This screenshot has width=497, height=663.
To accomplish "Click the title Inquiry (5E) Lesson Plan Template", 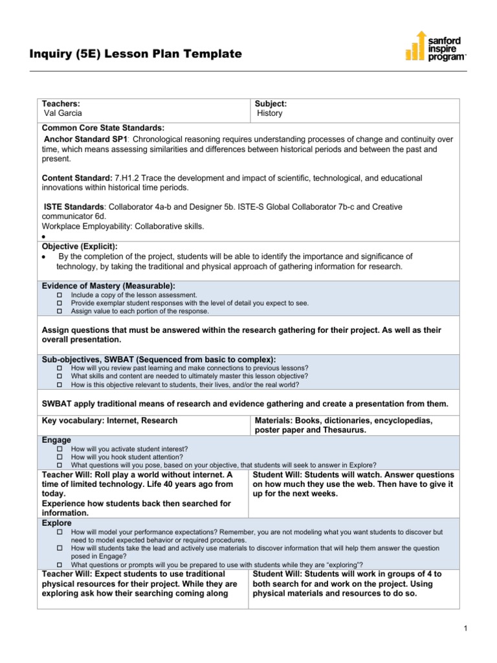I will click(x=136, y=54).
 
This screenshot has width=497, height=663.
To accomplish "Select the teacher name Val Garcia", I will click(x=63, y=113).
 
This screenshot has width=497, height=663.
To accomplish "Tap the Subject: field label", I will click(x=271, y=104).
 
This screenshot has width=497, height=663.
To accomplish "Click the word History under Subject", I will click(x=270, y=113).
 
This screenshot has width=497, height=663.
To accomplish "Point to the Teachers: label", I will click(x=61, y=104).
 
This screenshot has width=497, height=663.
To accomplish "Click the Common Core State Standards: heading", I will click(x=103, y=128).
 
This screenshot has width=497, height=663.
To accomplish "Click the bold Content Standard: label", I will click(x=77, y=177).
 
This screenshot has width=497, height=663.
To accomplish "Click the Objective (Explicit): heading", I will click(x=80, y=247).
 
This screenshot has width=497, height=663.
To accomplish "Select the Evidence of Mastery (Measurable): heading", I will click(x=109, y=286).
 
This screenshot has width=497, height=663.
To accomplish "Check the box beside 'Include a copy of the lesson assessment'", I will click(x=60, y=295).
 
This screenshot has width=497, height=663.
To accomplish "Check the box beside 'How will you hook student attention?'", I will click(x=60, y=456).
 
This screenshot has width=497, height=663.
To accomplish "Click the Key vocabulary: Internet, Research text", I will click(x=109, y=421).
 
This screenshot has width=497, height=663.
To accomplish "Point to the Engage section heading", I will click(x=56, y=440).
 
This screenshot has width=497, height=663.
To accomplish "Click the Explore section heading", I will click(x=57, y=523).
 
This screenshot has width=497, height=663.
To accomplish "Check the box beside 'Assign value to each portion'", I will click(x=60, y=311).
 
